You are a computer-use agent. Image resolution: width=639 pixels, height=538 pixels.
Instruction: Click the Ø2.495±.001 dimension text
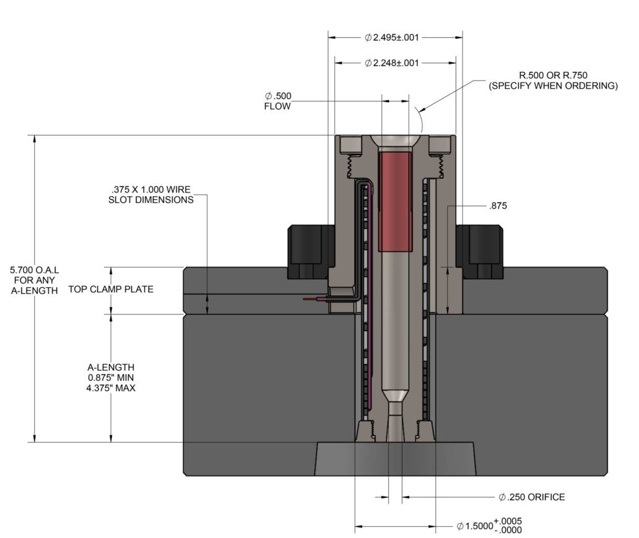coord(392,37)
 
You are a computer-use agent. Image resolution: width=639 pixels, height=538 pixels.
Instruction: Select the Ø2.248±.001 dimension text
coord(392,63)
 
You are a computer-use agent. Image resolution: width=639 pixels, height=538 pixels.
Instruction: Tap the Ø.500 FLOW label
coord(277,101)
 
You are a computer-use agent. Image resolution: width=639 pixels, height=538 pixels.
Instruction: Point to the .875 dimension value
coord(497,206)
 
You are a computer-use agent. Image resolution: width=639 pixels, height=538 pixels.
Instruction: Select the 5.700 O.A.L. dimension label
coord(35,280)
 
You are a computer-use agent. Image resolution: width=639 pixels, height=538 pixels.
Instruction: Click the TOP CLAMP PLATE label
coord(111,289)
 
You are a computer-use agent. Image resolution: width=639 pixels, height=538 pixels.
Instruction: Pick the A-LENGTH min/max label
coord(111,378)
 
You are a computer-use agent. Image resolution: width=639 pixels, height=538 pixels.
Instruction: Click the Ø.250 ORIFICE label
coord(531,497)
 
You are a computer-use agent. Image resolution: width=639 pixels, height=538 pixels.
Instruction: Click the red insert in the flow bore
coord(394,202)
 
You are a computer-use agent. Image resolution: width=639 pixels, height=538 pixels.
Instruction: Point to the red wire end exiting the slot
coord(313,299)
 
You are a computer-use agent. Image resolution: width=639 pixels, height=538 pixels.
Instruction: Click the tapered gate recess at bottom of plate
coord(394,459)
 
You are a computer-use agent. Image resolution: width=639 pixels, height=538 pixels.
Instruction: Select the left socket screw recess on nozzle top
coord(351,144)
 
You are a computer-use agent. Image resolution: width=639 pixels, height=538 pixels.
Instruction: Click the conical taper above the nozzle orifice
coord(394,395)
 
